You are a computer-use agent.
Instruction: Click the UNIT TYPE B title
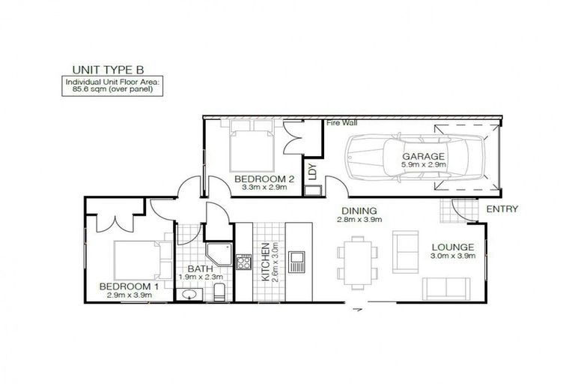[x=112, y=70]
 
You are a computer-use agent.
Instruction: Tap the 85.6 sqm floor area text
[x=112, y=88]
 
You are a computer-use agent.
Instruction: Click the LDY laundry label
[x=312, y=172]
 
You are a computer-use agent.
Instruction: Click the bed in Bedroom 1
[x=139, y=259]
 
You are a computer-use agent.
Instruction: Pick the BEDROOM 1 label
[x=130, y=286]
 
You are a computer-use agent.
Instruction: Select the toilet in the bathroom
[x=219, y=291]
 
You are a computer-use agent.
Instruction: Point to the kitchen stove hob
[x=243, y=262]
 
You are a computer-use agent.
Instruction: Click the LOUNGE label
[x=452, y=247]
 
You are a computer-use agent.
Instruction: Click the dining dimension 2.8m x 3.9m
[x=357, y=220]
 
